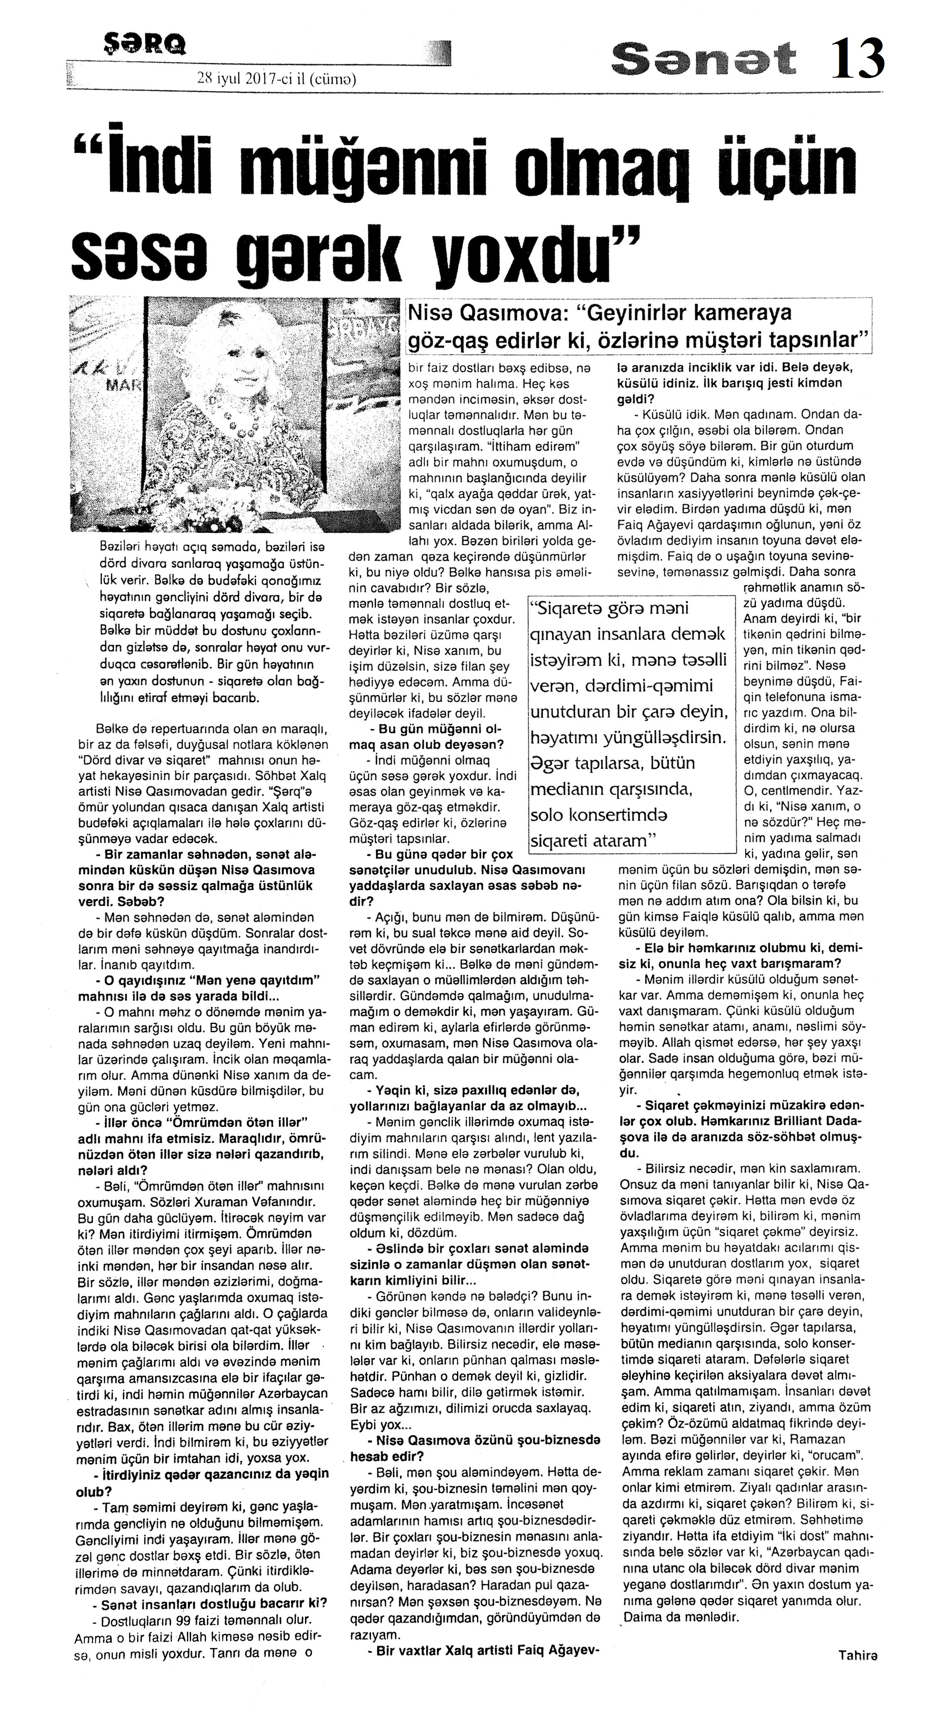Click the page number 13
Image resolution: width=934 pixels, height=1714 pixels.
858,59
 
